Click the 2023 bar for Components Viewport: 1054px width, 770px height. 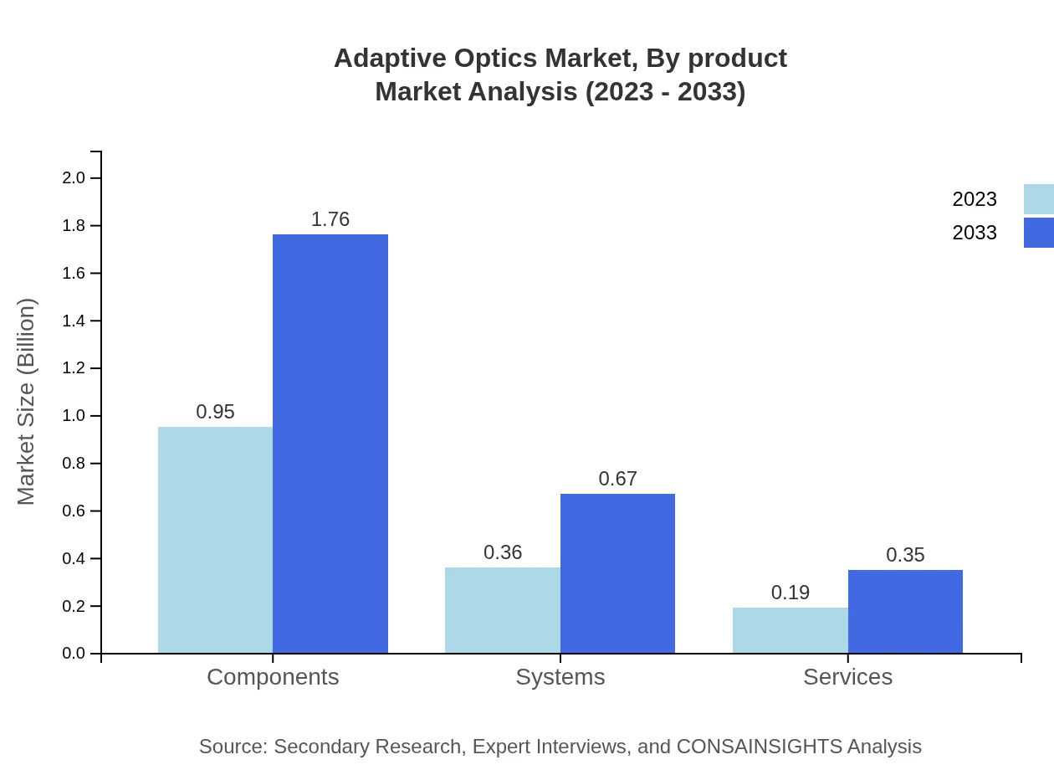point(215,540)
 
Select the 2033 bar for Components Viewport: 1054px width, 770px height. point(330,444)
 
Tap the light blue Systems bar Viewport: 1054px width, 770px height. point(503,610)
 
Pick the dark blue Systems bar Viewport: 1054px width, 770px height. point(617,573)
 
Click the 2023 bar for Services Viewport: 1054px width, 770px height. point(790,630)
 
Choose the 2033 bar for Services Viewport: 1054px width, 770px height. point(905,611)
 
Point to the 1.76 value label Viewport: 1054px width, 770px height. point(330,219)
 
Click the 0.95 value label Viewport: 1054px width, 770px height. point(215,412)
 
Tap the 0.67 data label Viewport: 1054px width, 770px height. point(617,479)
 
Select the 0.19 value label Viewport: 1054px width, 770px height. point(790,593)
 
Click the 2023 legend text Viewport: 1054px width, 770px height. point(975,199)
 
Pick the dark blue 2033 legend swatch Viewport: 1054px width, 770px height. point(1038,233)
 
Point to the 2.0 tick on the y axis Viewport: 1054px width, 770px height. point(74,177)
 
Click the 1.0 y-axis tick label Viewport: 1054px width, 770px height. point(74,416)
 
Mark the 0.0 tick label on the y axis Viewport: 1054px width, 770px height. point(74,654)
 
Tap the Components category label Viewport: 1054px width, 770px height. point(273,676)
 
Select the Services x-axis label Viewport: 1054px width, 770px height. point(847,676)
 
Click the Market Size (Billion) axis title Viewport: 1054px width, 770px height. point(26,402)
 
